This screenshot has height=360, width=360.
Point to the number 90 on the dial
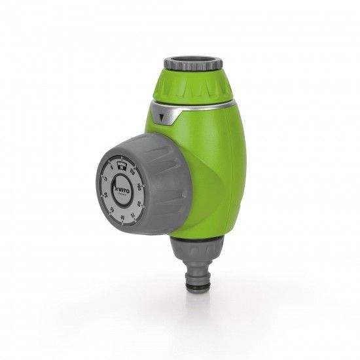click(138, 204)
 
